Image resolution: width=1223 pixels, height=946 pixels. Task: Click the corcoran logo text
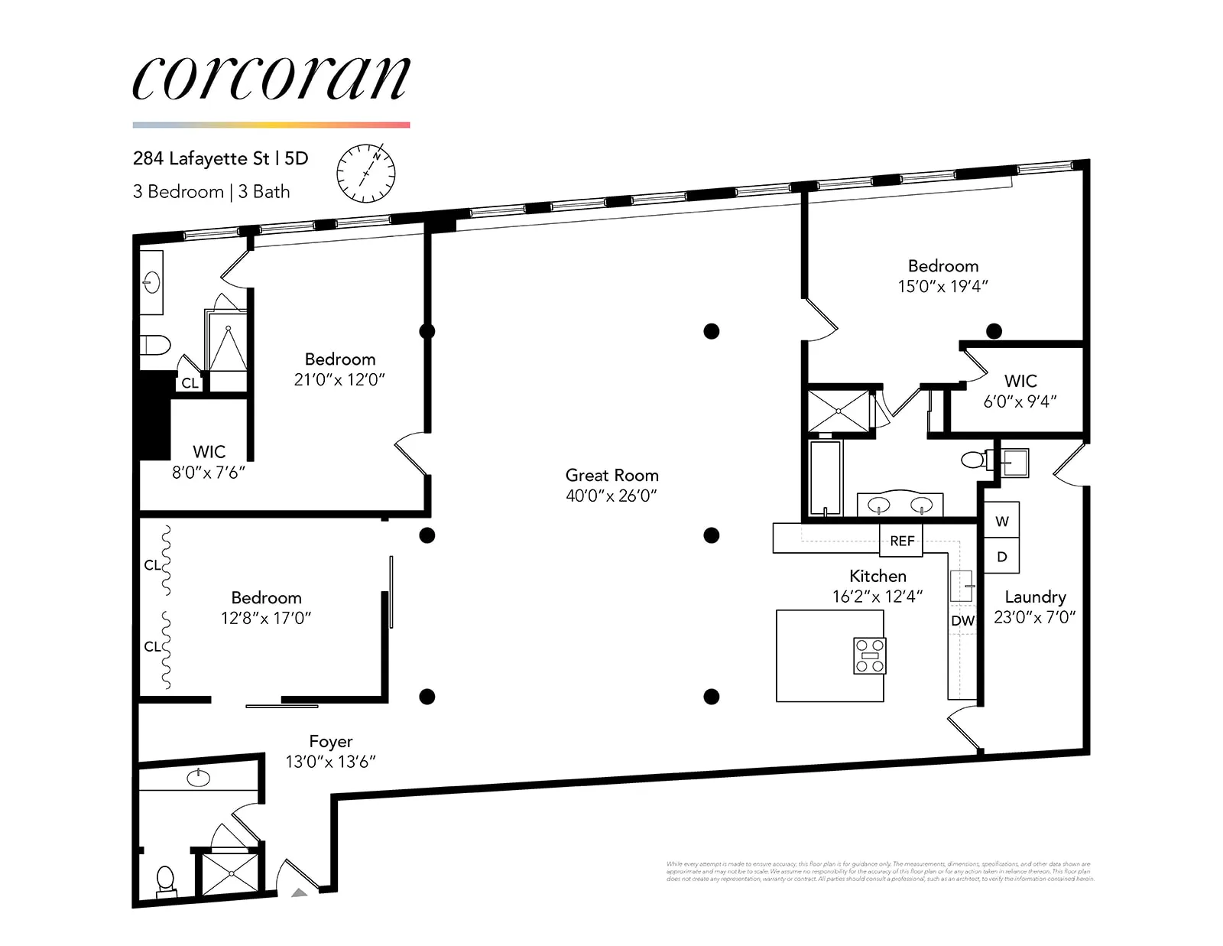(271, 78)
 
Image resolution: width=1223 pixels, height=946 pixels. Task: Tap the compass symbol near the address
(366, 173)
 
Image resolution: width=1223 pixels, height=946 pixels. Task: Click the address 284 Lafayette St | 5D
(220, 158)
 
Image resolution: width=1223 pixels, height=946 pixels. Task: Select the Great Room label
(611, 475)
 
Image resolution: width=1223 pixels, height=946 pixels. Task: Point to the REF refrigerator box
(902, 541)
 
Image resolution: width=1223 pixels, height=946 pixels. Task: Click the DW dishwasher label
(962, 620)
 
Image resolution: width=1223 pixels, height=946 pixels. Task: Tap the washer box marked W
(1001, 521)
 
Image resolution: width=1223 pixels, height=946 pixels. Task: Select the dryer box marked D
(1001, 557)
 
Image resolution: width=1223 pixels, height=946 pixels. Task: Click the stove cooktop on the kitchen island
(870, 655)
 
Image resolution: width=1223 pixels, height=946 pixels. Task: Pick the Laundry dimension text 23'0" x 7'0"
(1034, 617)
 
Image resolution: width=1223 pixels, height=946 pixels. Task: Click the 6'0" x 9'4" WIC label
(1020, 401)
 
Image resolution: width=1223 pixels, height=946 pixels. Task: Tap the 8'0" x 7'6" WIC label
(208, 473)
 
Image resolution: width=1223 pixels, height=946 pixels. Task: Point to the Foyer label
(330, 741)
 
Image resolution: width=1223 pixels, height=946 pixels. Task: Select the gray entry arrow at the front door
(299, 892)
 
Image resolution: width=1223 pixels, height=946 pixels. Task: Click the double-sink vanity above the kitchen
(900, 505)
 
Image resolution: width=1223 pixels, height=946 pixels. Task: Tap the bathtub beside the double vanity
(825, 478)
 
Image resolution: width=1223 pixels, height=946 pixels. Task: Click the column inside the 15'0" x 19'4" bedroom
(994, 331)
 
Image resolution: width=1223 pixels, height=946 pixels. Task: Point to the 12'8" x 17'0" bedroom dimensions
(266, 618)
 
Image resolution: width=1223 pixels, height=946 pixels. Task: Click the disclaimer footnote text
(879, 872)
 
